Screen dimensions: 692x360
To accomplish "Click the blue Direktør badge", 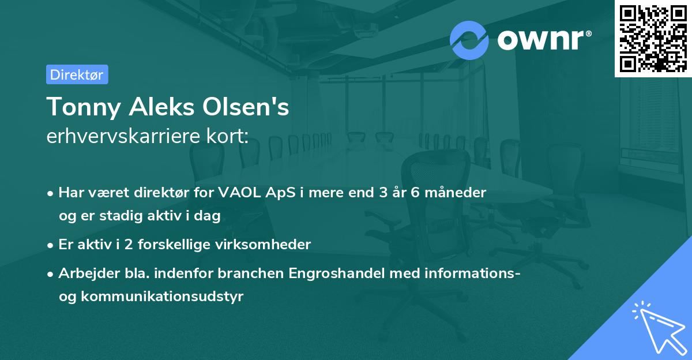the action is click(x=77, y=74).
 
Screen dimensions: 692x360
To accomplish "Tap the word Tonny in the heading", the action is click(x=84, y=107).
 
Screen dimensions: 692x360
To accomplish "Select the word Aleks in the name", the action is click(x=161, y=107).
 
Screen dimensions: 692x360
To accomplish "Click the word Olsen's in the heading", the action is click(x=246, y=107).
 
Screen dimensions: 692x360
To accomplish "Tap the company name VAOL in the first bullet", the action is click(x=239, y=193).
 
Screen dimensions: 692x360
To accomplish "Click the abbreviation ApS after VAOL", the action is click(x=280, y=193).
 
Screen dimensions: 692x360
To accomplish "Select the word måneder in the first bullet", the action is click(x=456, y=193).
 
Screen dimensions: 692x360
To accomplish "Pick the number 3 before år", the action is click(x=383, y=193).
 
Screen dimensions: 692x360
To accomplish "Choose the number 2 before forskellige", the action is click(x=129, y=245).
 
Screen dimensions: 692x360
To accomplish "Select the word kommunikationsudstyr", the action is click(x=162, y=297).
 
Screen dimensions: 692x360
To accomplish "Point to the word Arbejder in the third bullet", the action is click(x=89, y=273).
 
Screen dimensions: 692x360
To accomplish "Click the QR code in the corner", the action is click(x=653, y=39).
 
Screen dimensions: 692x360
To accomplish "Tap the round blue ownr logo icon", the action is click(x=469, y=40).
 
